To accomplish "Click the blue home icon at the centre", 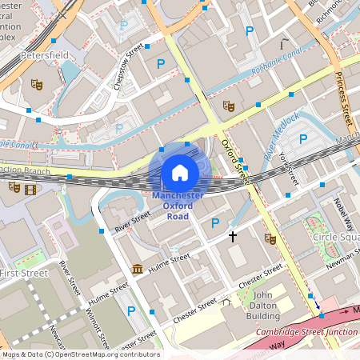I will coord(180,172).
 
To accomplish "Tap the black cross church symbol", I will coord(233,237).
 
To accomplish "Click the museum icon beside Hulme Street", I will coord(138,269).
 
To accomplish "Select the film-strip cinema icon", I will coord(30,189).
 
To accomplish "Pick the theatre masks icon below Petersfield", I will coord(36,83).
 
